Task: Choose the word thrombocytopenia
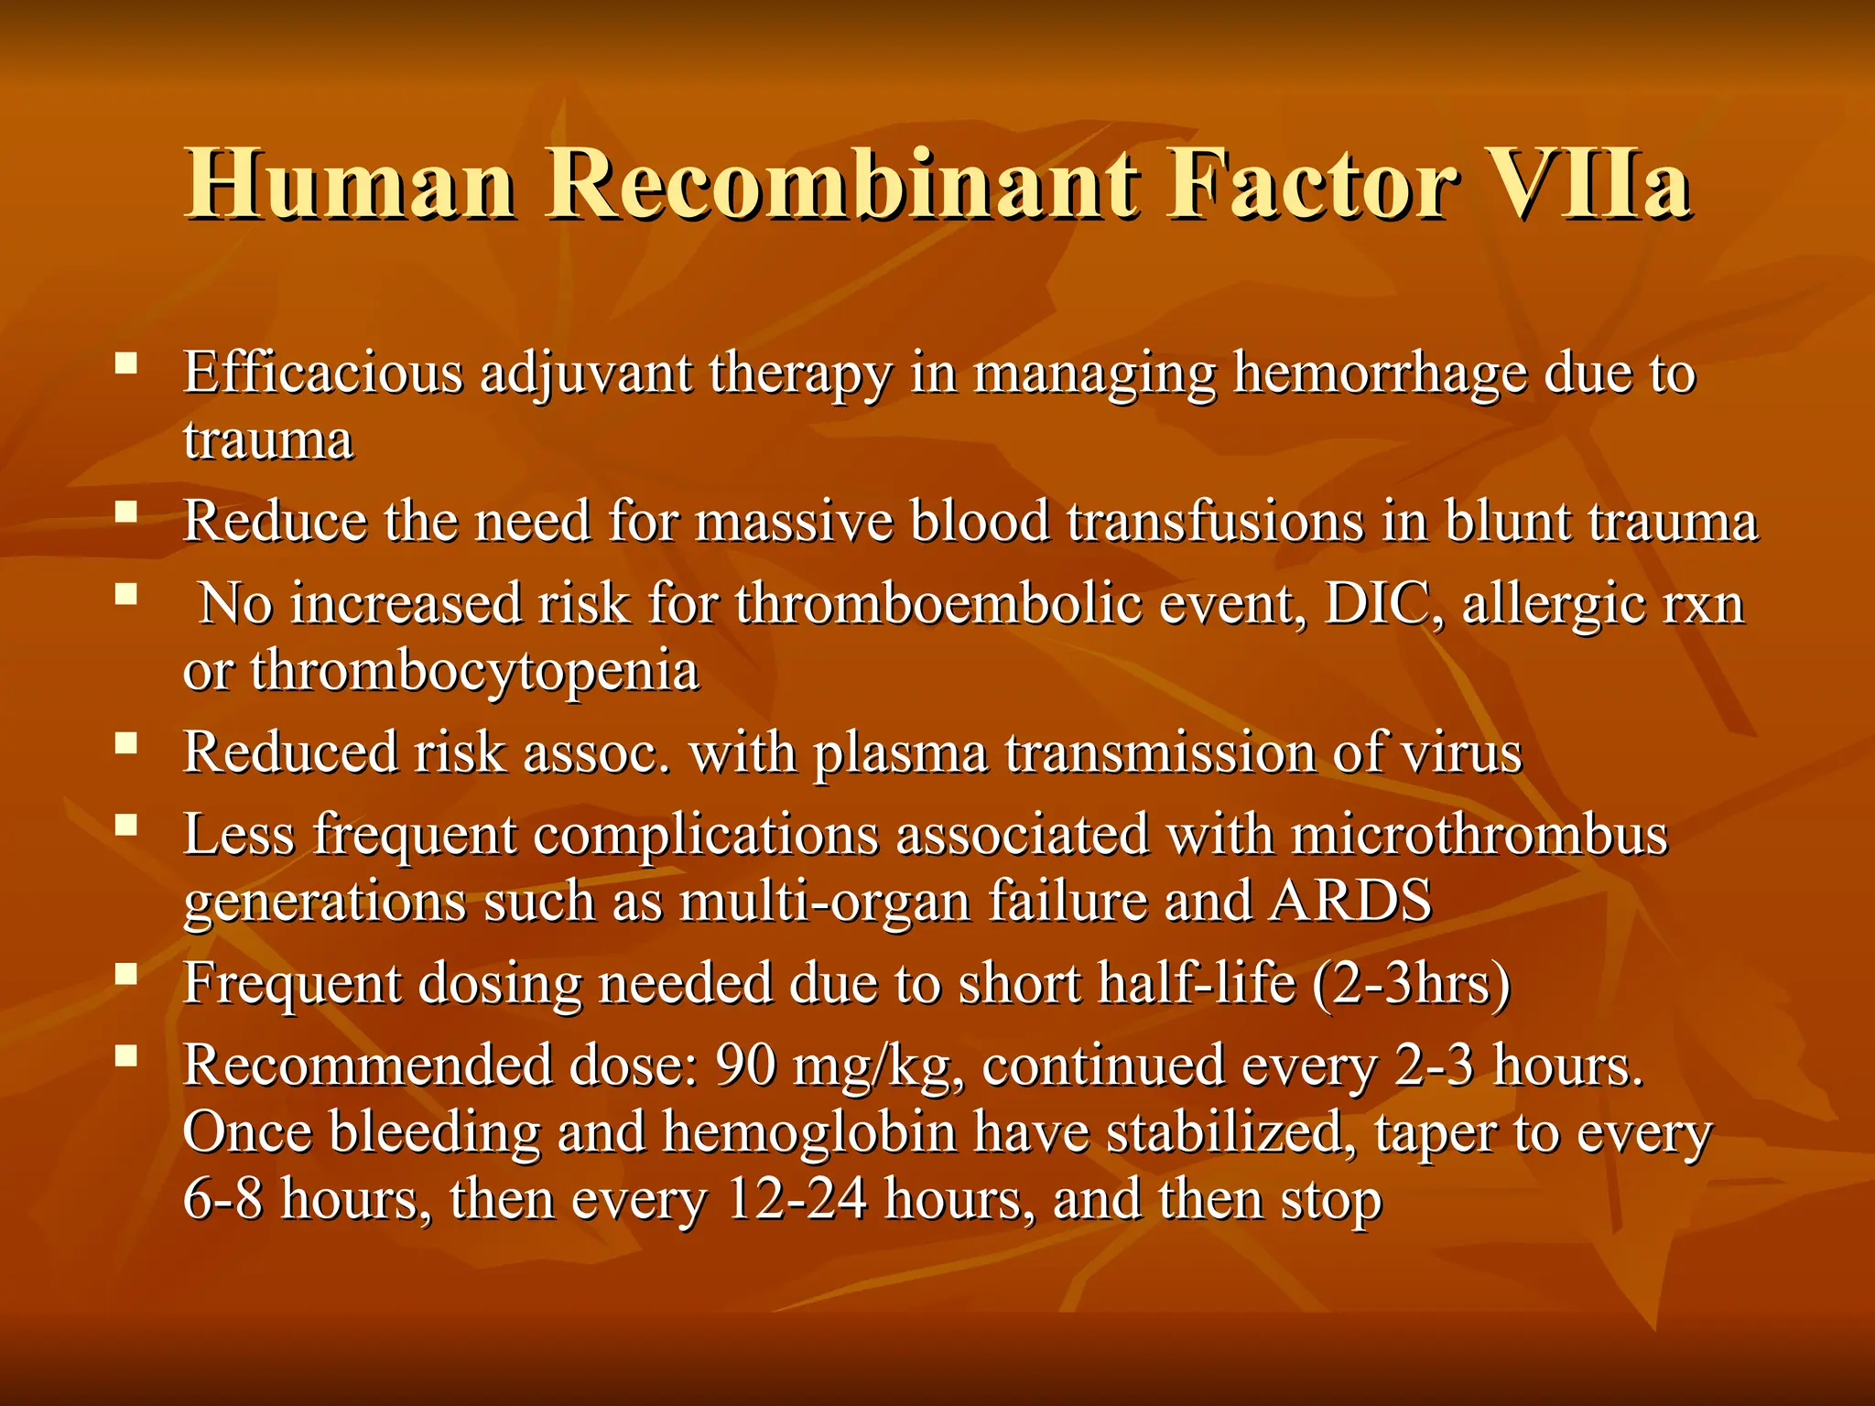474,672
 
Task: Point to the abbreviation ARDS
1351,901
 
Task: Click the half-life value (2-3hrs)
1411,984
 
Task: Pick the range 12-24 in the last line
796,1200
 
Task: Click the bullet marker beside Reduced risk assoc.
126,743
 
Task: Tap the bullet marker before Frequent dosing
126,974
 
